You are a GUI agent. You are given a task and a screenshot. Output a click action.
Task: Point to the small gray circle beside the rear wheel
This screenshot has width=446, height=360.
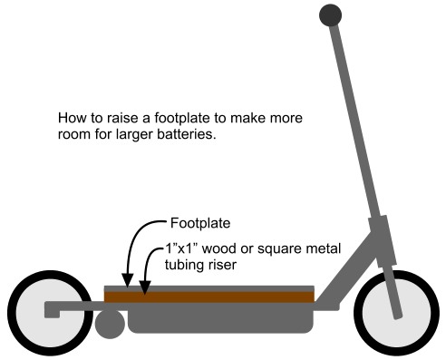[x=110, y=325]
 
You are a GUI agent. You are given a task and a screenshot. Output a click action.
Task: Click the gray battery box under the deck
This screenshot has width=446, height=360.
[x=222, y=318]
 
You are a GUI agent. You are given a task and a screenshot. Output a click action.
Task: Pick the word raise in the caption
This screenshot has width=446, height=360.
[x=119, y=119]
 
